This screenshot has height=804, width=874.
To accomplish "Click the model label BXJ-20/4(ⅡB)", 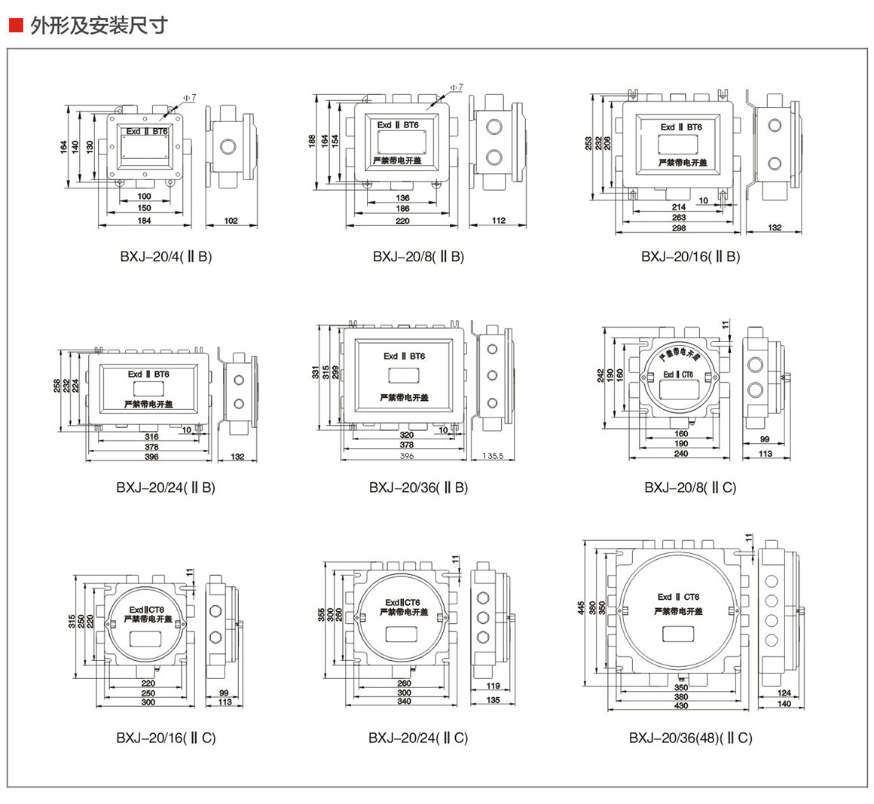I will pyautogui.click(x=166, y=256).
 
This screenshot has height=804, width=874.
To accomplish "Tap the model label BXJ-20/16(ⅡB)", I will pyautogui.click(x=690, y=256).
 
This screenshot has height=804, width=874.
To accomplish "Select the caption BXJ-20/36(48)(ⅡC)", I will pyautogui.click(x=690, y=738).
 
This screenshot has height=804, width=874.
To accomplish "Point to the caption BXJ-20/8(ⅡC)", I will pyautogui.click(x=690, y=488).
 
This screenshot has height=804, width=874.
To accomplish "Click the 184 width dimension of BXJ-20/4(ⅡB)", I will pyautogui.click(x=144, y=221).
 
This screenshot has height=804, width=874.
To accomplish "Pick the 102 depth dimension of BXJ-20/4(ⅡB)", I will pyautogui.click(x=231, y=221).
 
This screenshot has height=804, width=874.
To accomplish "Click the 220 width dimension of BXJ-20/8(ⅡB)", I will pyautogui.click(x=402, y=221).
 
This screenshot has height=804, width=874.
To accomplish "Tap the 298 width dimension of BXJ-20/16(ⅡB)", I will pyautogui.click(x=679, y=228).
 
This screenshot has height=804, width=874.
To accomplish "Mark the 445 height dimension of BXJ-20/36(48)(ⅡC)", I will pyautogui.click(x=582, y=607).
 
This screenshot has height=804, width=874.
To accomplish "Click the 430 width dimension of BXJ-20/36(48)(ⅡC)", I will pyautogui.click(x=681, y=705).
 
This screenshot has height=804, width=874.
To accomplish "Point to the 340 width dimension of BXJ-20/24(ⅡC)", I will pyautogui.click(x=405, y=702).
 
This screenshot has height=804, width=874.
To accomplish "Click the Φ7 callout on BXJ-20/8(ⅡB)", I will pyautogui.click(x=457, y=88).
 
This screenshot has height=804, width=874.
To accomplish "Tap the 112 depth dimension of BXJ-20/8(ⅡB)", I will pyautogui.click(x=498, y=221).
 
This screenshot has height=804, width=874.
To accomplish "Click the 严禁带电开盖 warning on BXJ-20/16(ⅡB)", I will pyautogui.click(x=683, y=162).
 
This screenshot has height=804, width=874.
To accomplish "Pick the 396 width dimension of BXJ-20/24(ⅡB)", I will pyautogui.click(x=151, y=457).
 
